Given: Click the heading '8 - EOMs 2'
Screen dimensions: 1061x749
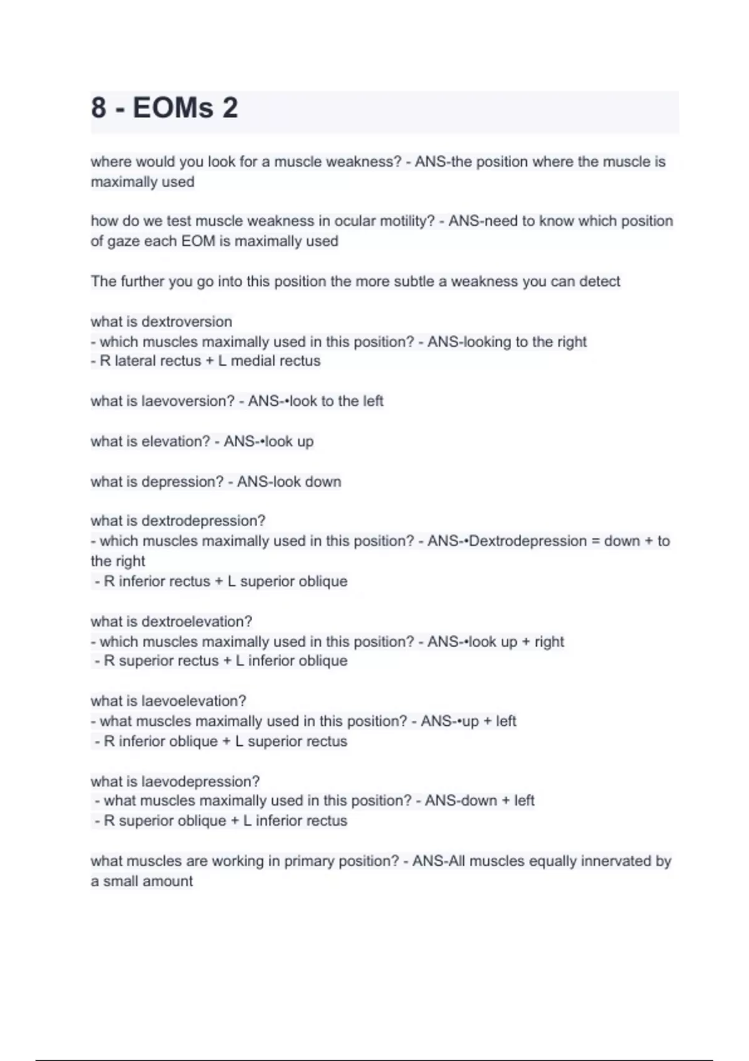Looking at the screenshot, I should coord(164,108).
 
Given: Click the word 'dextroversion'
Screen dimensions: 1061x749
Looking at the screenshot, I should coord(187,321).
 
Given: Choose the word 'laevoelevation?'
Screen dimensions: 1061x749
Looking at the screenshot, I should coord(193,701).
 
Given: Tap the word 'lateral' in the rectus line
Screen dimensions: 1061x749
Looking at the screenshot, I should coord(136,361).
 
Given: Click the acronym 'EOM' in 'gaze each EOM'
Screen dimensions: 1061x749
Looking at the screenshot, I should coord(198,241).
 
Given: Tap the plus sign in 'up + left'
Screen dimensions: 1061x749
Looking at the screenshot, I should coord(487,721).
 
